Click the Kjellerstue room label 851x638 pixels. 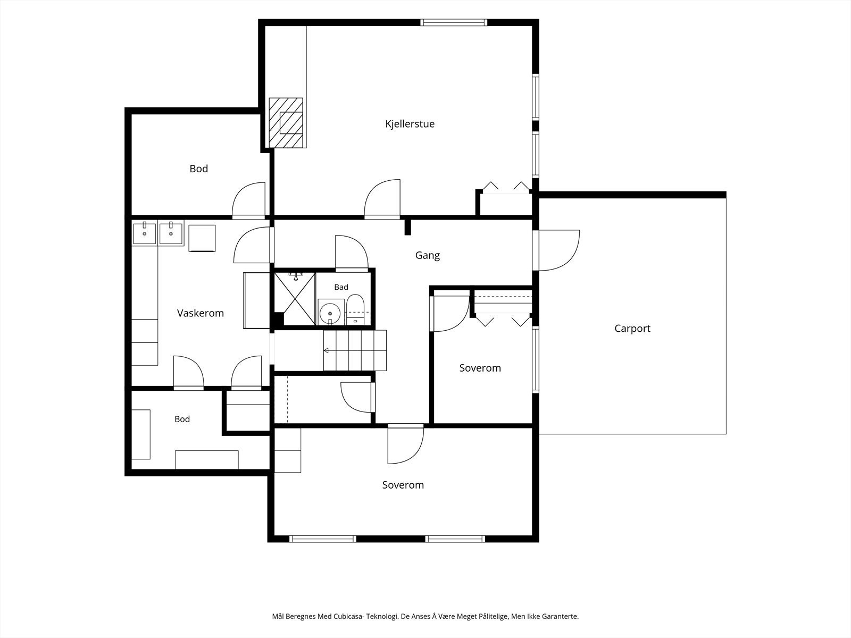coord(410,124)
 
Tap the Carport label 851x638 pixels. coord(632,329)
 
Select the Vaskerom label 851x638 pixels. coord(201,313)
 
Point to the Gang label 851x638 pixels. coord(428,256)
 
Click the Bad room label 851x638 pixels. coord(341,287)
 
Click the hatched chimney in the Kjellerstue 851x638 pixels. coord(286,122)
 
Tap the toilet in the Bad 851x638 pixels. coord(355,309)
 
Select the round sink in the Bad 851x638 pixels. coord(330,312)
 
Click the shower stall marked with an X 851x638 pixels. coord(295,299)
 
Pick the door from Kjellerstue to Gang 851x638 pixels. coord(382,198)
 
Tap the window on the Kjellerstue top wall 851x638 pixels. coord(454,22)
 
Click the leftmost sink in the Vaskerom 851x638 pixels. coord(144,233)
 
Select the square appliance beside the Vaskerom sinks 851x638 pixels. coord(202,238)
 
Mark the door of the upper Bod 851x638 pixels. coord(248,200)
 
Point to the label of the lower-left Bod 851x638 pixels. coord(182,419)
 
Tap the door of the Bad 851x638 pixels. coord(351,253)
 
